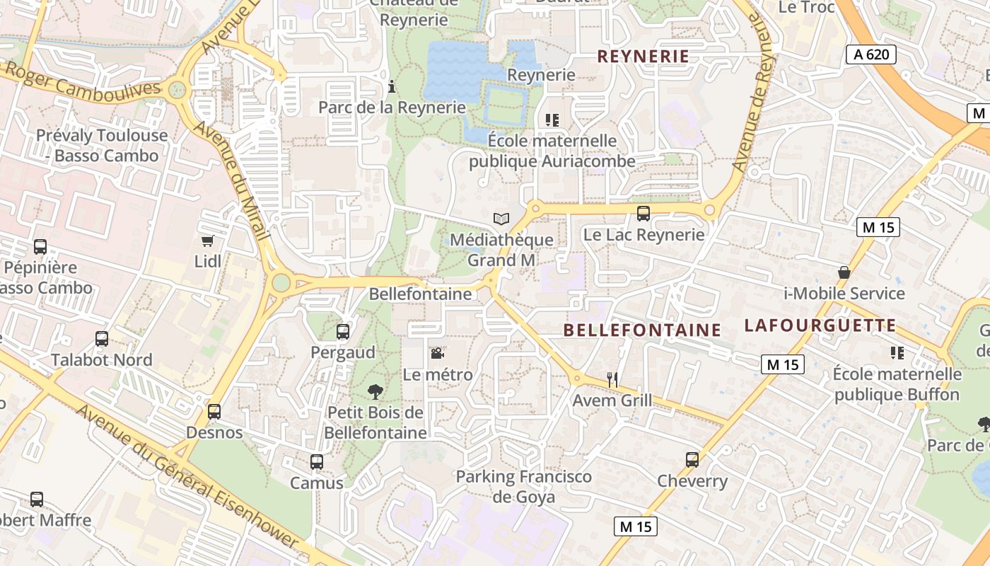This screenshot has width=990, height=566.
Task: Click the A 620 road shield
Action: [871, 54]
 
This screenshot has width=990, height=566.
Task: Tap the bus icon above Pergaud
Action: [343, 331]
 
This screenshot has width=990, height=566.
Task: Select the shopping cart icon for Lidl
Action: [207, 241]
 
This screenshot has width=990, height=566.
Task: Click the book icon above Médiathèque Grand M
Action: [501, 219]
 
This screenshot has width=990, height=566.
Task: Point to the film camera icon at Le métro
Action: [438, 353]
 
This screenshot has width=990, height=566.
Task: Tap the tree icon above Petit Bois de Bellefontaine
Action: [375, 391]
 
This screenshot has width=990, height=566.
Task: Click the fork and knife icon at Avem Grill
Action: [612, 380]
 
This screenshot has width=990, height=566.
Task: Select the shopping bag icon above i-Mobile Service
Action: [844, 272]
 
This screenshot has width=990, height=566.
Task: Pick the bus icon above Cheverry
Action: [692, 460]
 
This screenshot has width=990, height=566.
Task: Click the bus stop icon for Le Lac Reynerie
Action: [643, 213]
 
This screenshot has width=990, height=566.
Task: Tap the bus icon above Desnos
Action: [214, 411]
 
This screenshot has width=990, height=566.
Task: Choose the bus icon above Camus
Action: [317, 462]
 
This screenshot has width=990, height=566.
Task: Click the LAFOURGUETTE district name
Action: [820, 325]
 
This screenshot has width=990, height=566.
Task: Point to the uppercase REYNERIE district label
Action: [643, 57]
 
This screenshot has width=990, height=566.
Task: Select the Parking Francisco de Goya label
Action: [523, 487]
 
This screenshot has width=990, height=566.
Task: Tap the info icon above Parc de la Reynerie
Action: [392, 87]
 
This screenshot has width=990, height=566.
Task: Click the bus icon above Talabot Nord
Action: [102, 339]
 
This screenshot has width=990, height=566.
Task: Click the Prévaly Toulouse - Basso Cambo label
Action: [102, 145]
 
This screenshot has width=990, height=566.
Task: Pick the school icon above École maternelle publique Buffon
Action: [897, 352]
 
